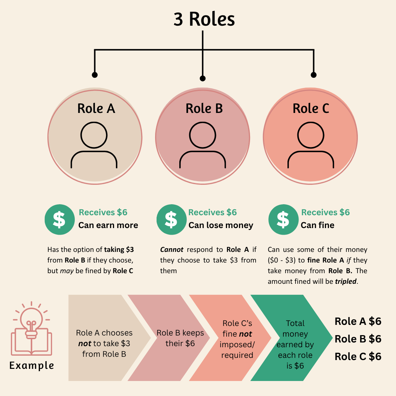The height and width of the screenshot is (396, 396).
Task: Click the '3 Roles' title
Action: tap(204, 19)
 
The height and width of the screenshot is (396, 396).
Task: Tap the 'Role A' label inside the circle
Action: tap(96, 109)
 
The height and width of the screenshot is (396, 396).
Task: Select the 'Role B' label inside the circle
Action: tap(204, 109)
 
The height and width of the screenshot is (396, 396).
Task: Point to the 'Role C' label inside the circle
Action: tap(311, 109)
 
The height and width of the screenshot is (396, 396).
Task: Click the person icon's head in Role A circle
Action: tap(94, 135)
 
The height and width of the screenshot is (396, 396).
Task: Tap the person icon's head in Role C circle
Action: tap(311, 135)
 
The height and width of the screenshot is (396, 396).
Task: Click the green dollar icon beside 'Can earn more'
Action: tap(60, 220)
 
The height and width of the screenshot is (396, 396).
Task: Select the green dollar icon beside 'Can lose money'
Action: tap(172, 220)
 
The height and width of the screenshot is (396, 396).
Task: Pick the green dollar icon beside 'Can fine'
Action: tap(283, 220)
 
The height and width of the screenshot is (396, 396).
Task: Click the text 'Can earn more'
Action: tap(108, 225)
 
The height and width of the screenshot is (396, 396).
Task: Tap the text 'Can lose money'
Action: tap(221, 225)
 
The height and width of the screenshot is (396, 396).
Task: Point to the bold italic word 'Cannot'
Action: tap(172, 250)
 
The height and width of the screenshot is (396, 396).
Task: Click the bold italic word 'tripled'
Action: tap(346, 281)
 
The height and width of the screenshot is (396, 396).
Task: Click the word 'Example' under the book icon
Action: tap(32, 366)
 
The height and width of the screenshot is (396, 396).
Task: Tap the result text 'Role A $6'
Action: tap(358, 321)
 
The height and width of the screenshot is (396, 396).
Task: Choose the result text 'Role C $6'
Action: tap(358, 357)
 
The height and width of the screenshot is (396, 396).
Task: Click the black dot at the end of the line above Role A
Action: tap(95, 75)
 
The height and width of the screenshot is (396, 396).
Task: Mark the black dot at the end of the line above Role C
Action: tap(313, 75)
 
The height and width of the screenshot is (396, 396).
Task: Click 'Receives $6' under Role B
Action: tap(212, 212)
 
